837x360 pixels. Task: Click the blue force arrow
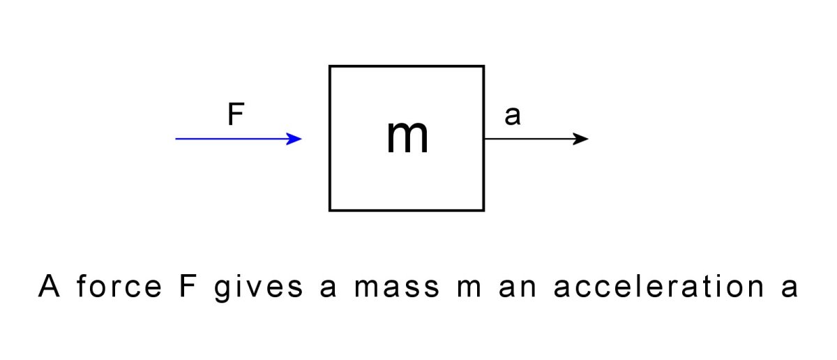(239, 139)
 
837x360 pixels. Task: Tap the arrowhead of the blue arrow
(294, 139)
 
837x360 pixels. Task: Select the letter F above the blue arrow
(236, 114)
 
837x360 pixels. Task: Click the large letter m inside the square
(407, 137)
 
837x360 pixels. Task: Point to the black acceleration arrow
(536, 139)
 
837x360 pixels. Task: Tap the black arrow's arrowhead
(581, 139)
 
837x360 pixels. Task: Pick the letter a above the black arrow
(512, 116)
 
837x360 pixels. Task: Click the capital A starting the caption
(49, 286)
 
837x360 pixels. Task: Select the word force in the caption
(119, 286)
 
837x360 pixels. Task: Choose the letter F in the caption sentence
(188, 286)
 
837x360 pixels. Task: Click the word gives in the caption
(259, 287)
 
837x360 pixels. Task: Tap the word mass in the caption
(397, 289)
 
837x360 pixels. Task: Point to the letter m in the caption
(469, 288)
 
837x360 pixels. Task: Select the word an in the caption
(518, 289)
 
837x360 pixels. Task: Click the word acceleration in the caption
(658, 286)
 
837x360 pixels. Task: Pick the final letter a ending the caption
(790, 289)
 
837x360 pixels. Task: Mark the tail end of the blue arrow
(176, 139)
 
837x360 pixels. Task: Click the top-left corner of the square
(329, 66)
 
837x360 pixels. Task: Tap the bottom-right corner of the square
(484, 211)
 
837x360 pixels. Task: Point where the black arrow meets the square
(485, 139)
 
